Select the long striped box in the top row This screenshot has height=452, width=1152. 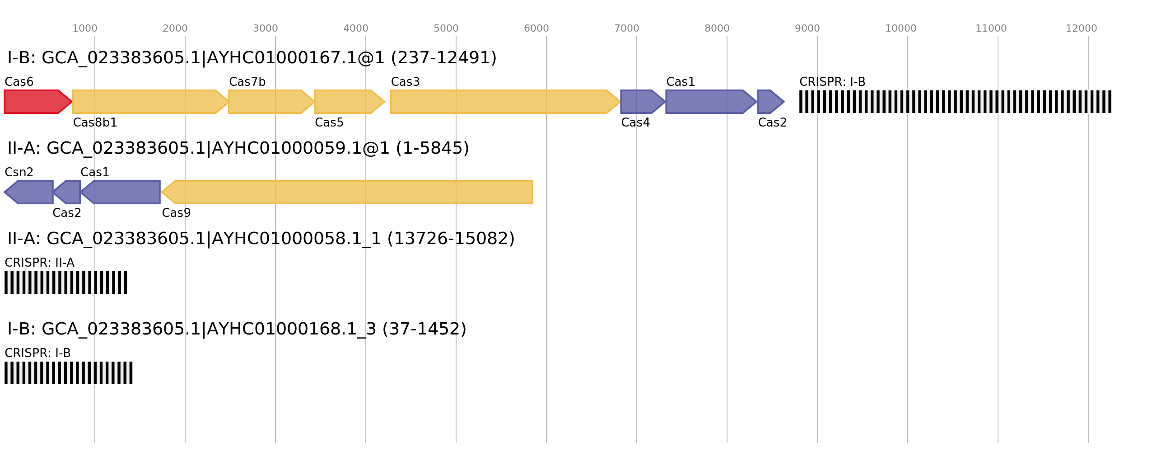coord(955,102)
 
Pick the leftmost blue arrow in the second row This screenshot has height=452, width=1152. coord(29,192)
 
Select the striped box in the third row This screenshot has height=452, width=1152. coord(66,282)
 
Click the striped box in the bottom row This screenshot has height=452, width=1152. coord(69,373)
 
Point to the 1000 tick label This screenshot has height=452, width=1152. coord(85,28)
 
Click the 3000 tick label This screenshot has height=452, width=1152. coord(266,28)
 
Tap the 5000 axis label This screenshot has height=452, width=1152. coord(446,28)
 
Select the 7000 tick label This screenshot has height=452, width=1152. coord(627,28)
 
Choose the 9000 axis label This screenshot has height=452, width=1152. coord(807,28)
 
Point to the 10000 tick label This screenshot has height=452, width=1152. coord(900,28)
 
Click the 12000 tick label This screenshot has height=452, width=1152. coord(1081,28)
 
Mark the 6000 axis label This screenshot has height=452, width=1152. coord(536,28)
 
